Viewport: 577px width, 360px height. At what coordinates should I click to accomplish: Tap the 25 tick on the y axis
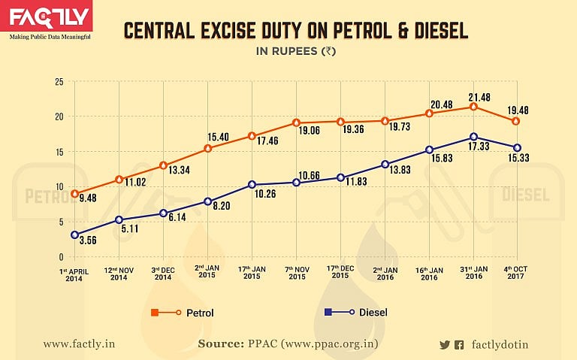point(59,82)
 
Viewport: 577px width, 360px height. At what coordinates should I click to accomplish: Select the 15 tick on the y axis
point(59,152)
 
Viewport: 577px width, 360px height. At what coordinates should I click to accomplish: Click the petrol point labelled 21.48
point(473,107)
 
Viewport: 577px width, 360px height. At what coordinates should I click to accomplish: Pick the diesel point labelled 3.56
point(74,234)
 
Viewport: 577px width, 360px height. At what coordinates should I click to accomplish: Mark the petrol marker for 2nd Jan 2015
point(207,148)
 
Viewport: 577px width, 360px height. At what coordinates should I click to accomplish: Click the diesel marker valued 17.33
point(473,137)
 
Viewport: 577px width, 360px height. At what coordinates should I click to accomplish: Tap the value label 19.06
point(309,131)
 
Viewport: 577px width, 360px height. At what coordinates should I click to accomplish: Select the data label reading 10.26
point(265,194)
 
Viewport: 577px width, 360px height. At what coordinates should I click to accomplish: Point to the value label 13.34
point(179,170)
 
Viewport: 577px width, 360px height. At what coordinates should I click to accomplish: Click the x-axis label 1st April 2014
point(74,275)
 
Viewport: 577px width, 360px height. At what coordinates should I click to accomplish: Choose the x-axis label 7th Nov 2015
point(297,273)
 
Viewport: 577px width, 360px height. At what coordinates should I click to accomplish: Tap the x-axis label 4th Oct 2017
point(515,272)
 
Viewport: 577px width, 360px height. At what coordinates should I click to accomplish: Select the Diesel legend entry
point(356,313)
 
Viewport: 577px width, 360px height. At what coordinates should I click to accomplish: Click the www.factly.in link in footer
point(79,344)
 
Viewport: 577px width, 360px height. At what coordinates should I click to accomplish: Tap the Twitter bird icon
point(445,345)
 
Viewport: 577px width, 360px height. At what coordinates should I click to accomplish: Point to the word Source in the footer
point(221,343)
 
